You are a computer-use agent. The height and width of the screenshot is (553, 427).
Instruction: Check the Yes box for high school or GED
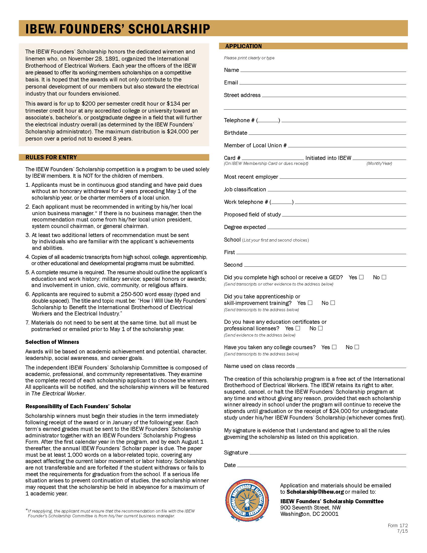tap(361, 277)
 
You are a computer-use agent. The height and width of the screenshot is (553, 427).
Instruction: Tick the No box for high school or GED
tap(384, 277)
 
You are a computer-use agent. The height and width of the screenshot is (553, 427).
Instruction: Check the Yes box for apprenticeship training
tap(310, 303)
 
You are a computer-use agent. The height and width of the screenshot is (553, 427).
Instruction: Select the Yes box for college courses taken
tap(334, 347)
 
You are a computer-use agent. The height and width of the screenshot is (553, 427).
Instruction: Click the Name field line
tap(323, 70)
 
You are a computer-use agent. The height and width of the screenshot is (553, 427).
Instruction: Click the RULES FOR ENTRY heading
tap(51, 157)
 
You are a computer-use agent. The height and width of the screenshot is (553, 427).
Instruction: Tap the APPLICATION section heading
tap(243, 46)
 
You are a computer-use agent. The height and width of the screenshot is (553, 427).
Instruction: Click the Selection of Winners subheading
tap(52, 342)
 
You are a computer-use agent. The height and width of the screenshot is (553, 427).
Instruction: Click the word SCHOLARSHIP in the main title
tap(169, 29)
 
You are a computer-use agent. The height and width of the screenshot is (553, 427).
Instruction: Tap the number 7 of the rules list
tap(27, 322)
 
